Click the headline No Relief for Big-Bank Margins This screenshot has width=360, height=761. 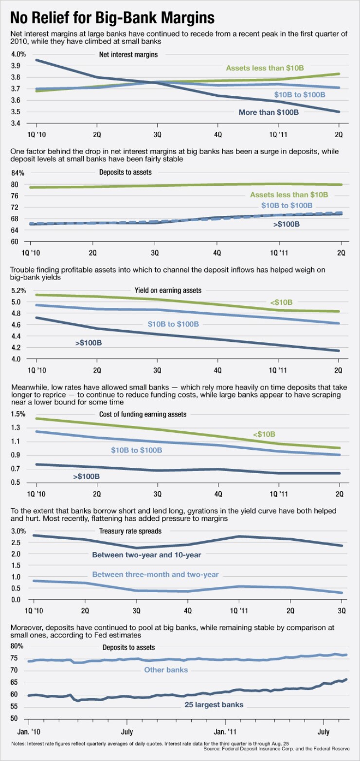112,18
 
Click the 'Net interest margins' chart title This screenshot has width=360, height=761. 128,54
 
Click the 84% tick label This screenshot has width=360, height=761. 18,173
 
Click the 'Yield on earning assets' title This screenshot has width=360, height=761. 168,290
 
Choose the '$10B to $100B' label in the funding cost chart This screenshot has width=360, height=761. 136,450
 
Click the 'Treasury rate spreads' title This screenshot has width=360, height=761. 130,531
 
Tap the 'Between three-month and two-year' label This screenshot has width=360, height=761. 155,574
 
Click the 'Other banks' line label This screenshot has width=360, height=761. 166,670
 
